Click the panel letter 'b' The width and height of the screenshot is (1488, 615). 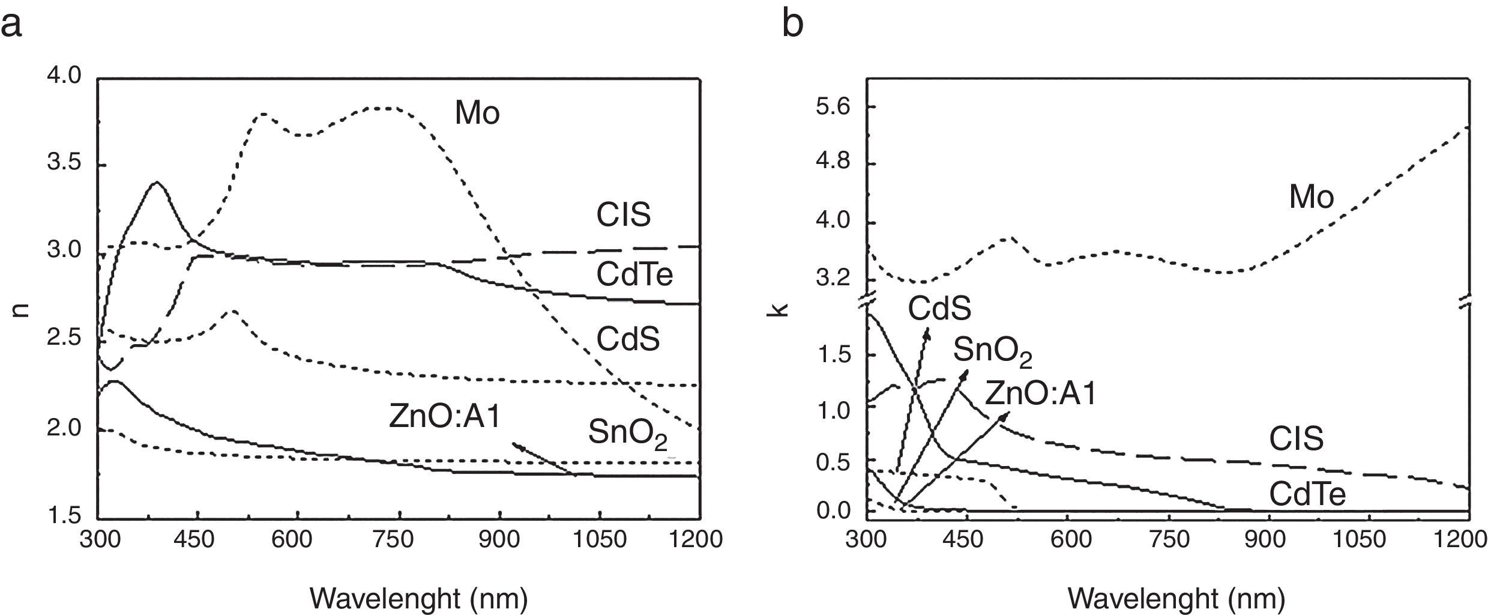pyautogui.click(x=793, y=24)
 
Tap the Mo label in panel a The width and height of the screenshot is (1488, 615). pyautogui.click(x=477, y=112)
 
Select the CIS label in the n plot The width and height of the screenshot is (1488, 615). pyautogui.click(x=623, y=215)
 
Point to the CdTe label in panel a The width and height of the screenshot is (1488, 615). pyautogui.click(x=634, y=275)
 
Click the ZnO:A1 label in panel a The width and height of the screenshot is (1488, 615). pyautogui.click(x=445, y=417)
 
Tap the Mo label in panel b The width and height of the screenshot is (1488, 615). pyautogui.click(x=1312, y=197)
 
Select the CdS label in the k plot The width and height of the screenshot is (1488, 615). pyautogui.click(x=939, y=309)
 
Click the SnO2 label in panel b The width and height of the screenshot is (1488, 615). pyautogui.click(x=992, y=352)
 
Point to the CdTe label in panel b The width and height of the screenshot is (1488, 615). pyautogui.click(x=1307, y=495)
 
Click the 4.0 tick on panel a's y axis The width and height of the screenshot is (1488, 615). pyautogui.click(x=64, y=76)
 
